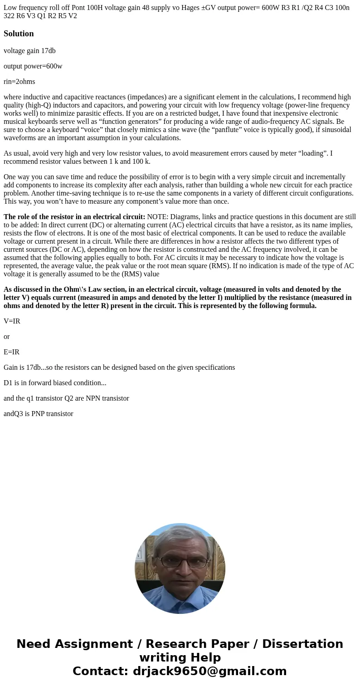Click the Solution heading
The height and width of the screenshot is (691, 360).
19,34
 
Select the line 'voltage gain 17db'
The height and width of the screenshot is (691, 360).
29,51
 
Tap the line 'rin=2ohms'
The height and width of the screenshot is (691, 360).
19,82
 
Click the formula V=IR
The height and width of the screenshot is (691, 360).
12,321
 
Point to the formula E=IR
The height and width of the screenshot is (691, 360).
12,352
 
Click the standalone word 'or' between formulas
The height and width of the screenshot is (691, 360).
6,337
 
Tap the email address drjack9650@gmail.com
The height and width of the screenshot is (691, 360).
209,671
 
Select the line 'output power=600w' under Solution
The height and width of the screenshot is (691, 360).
33,66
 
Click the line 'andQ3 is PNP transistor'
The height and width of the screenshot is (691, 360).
39,414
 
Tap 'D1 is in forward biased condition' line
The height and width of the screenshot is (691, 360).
55,383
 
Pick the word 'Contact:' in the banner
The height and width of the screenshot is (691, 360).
101,671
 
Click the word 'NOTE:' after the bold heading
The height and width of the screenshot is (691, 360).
157,217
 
